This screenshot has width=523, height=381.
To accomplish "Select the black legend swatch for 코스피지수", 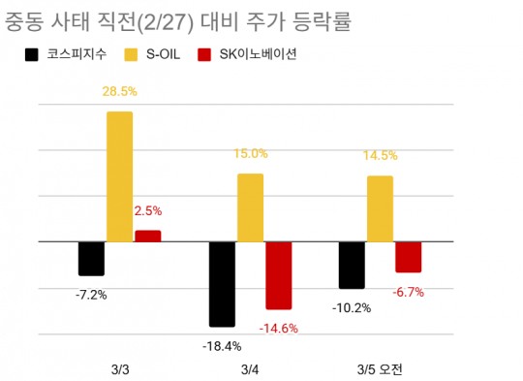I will [32, 55].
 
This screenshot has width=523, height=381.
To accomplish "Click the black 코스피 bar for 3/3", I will [91, 258].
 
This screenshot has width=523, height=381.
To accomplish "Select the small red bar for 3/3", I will [147, 236].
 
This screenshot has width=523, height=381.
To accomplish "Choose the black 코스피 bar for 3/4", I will [222, 284].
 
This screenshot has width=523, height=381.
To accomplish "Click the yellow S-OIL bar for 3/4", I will [250, 207].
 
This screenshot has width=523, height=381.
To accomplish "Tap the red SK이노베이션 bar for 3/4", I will [279, 275].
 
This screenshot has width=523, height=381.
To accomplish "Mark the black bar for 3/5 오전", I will [352, 265].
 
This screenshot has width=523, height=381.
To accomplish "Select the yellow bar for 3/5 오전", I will [380, 208].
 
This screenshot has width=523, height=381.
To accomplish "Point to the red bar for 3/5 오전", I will [408, 257].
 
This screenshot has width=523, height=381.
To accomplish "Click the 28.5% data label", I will [119, 92].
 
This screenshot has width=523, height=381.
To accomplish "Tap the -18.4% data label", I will [222, 345].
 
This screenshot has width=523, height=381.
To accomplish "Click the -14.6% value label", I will [279, 328].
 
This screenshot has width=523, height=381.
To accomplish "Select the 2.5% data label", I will [147, 209].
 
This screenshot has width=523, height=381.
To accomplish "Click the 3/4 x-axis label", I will [250, 368].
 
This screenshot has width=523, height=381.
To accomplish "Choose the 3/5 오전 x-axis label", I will [380, 368].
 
